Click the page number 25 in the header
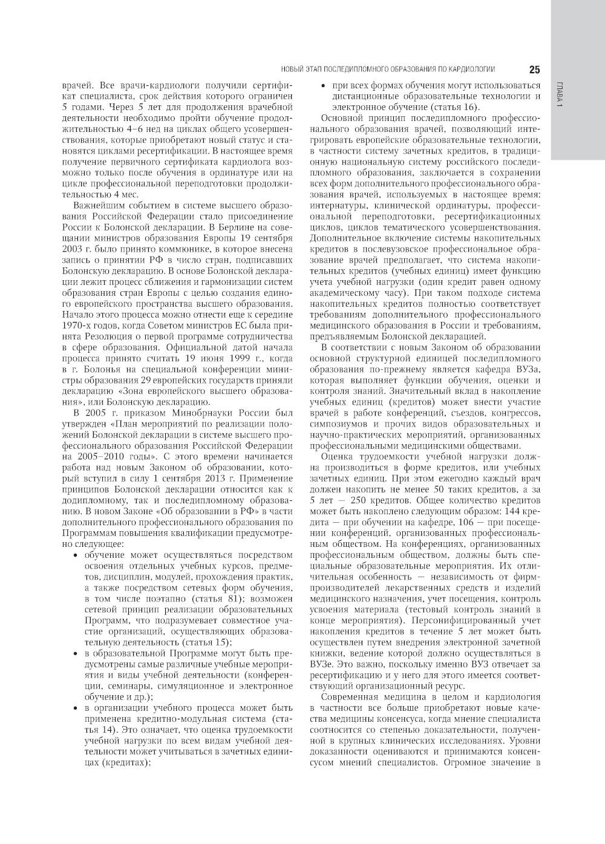[534, 69]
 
